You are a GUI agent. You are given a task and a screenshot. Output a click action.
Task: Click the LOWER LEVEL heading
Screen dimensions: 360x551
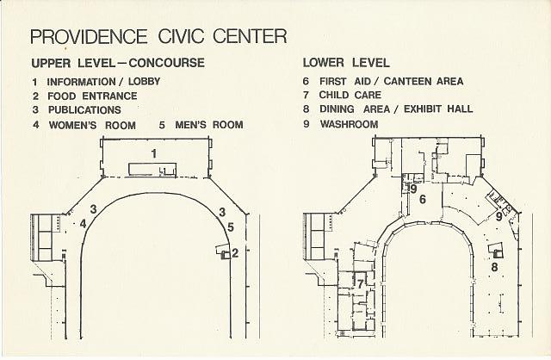346,64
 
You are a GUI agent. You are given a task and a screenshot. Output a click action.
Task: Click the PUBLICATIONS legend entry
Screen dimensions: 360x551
77,110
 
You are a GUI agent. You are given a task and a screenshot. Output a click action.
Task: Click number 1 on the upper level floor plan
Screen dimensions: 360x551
153,153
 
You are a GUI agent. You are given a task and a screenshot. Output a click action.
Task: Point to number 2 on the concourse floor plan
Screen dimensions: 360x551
234,253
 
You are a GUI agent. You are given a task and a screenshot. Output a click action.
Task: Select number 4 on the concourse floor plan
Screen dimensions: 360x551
83,224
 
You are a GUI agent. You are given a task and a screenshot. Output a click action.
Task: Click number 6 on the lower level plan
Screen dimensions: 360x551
422,200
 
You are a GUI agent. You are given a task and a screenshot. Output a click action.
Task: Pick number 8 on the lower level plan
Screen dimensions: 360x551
494,267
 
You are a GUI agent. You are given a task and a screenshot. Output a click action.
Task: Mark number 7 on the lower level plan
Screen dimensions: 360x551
360,281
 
